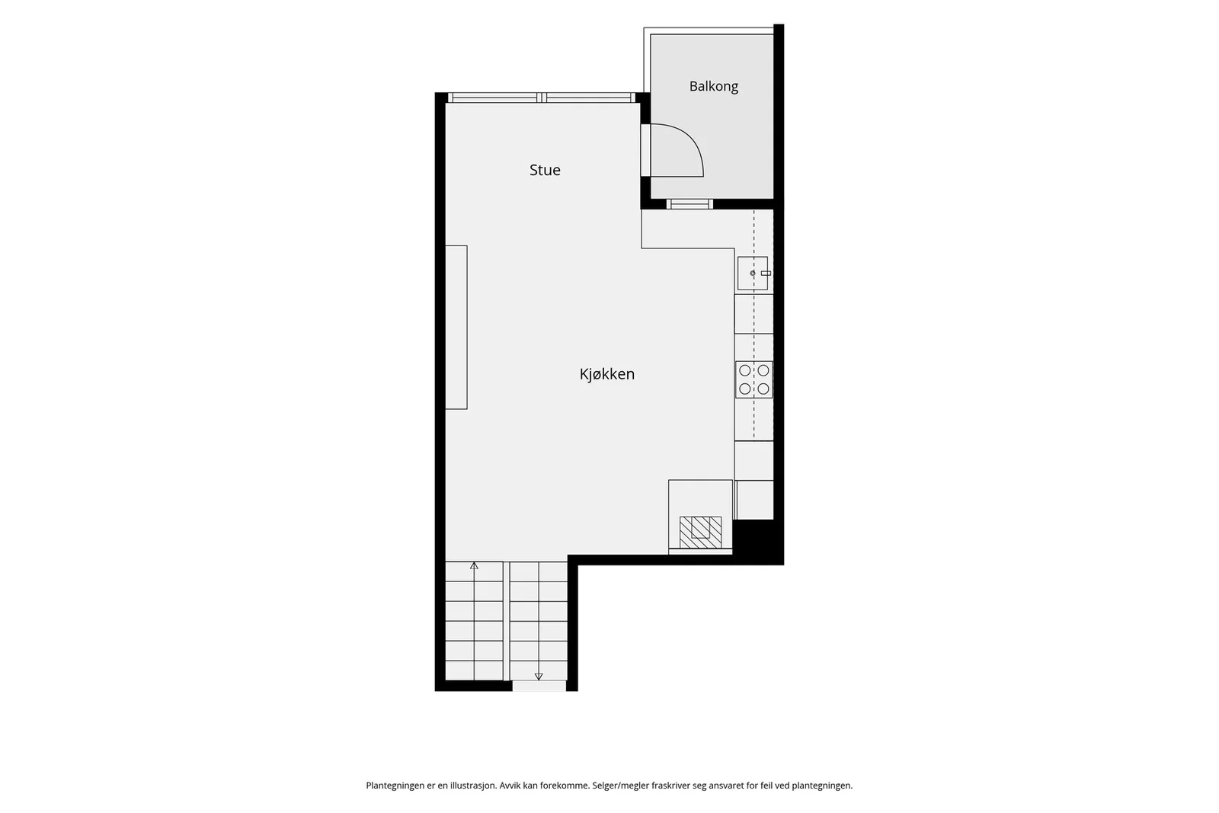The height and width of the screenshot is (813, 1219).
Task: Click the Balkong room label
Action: [x=713, y=87]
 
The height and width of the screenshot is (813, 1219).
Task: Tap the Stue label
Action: [x=545, y=170]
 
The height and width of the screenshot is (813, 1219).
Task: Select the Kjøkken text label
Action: [x=606, y=374]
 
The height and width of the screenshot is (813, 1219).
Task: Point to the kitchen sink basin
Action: [x=753, y=274]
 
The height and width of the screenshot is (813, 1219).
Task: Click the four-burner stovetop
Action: [x=753, y=380]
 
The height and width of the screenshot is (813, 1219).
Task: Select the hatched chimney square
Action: [x=700, y=532]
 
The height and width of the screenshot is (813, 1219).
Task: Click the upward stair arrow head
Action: [x=474, y=566]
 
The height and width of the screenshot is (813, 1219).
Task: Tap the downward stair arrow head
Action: [x=539, y=677]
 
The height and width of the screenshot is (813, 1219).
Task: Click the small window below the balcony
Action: [x=689, y=204]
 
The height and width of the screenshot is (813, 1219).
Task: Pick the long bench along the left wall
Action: [x=456, y=327]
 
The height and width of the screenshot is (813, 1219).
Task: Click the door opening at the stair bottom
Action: [x=539, y=687]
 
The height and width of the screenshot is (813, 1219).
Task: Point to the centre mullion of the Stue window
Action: [x=542, y=98]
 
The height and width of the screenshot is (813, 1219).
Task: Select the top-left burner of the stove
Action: [x=745, y=370]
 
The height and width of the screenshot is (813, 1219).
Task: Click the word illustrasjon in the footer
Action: [x=473, y=786]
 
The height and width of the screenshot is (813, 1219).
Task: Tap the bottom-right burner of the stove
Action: [x=763, y=389]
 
